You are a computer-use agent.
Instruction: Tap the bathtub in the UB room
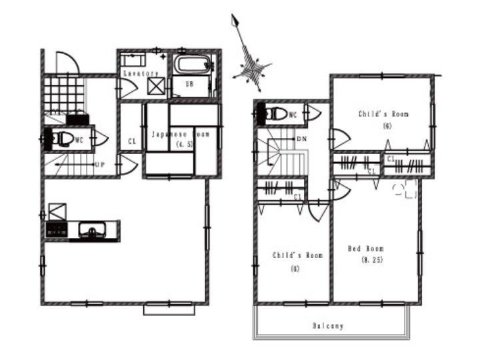click(x=192, y=66)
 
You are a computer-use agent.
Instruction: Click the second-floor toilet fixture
click(x=275, y=113)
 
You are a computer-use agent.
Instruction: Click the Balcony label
click(x=328, y=326)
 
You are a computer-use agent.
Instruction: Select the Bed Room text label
click(x=366, y=249)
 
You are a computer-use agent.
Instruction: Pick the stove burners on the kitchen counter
click(x=56, y=231)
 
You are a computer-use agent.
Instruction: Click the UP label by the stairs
click(x=99, y=164)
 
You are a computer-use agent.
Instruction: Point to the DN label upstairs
click(x=301, y=139)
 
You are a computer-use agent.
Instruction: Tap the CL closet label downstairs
click(x=132, y=141)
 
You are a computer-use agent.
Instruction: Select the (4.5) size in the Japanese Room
click(x=180, y=144)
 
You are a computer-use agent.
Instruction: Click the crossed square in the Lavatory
click(x=157, y=86)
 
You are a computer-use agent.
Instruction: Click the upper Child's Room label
click(x=383, y=114)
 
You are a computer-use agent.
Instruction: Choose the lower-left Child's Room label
click(x=297, y=255)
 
